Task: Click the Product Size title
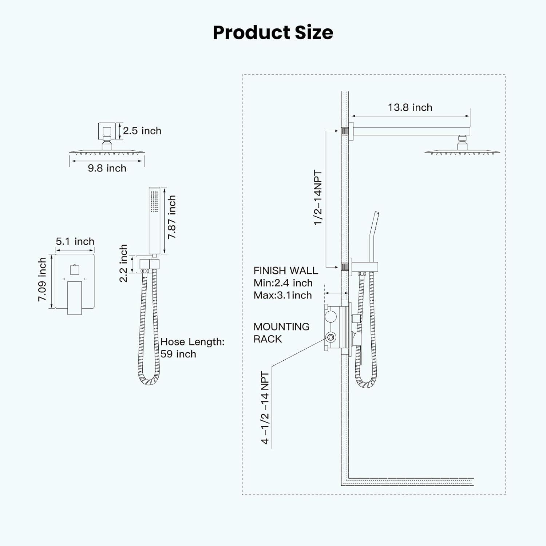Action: [x=273, y=32]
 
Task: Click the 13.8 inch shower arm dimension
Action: [x=410, y=107]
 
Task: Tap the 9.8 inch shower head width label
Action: [x=107, y=168]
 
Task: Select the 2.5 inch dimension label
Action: [x=142, y=131]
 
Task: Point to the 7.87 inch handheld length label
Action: [x=171, y=217]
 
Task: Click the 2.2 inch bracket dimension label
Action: [x=123, y=263]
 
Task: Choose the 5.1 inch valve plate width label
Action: [x=75, y=241]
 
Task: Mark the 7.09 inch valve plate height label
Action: [x=42, y=280]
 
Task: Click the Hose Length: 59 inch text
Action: [x=192, y=348]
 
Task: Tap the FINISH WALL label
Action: [x=286, y=270]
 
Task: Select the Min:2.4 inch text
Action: [x=283, y=283]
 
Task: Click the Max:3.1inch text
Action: [x=283, y=295]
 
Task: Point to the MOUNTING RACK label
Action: [x=281, y=333]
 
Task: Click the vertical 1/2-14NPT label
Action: [x=318, y=198]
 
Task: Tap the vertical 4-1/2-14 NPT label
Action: [x=265, y=408]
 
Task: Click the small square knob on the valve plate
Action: [x=75, y=270]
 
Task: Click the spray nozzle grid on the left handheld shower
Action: [x=154, y=201]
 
